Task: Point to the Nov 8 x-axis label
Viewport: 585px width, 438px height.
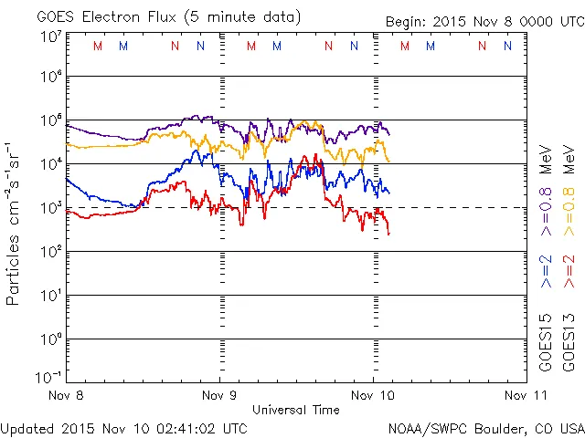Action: [63, 396]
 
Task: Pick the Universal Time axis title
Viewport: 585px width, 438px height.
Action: [295, 410]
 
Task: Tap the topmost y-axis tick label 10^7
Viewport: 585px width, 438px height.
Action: [50, 36]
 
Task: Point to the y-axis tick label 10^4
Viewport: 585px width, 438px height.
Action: [50, 164]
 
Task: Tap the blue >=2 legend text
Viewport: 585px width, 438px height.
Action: [546, 270]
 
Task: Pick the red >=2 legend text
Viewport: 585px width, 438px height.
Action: [569, 270]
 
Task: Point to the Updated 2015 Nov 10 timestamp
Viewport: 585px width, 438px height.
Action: [123, 427]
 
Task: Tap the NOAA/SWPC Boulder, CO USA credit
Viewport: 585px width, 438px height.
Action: [485, 427]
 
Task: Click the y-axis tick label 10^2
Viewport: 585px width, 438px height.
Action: [50, 251]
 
